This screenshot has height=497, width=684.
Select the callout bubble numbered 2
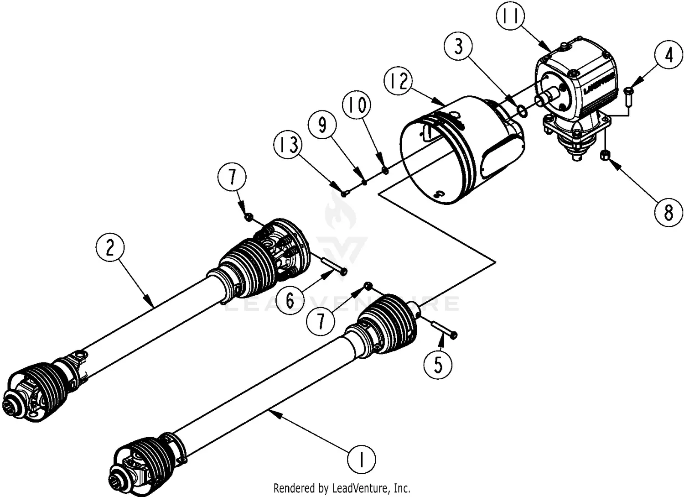tap(110, 247)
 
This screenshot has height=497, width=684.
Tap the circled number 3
tap(459, 47)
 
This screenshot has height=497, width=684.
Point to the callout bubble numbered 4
tap(668, 56)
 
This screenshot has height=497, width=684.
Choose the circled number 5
tap(438, 364)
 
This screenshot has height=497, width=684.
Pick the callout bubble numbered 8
tap(668, 212)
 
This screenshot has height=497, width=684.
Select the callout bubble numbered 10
tap(358, 105)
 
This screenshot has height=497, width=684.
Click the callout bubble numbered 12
tap(398, 82)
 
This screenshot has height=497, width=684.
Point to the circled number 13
tap(289, 145)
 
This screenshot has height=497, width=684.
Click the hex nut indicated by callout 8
tap(607, 155)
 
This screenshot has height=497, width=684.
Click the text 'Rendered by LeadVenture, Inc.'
tap(342, 488)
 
